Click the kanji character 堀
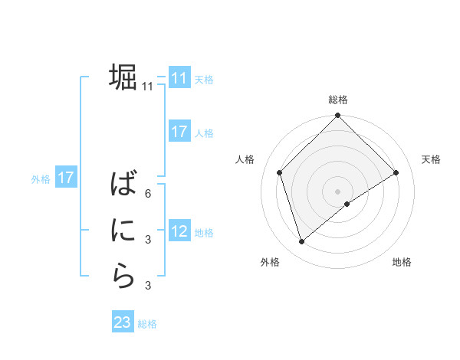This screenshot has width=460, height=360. (123, 77)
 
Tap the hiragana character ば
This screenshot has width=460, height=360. (123, 185)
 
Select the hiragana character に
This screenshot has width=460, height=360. (123, 230)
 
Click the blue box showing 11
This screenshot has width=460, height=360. (179, 78)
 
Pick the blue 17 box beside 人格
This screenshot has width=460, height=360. (179, 132)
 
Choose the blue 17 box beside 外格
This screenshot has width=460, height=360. (65, 178)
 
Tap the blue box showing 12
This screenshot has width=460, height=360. (179, 231)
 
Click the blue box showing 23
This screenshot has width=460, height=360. (123, 322)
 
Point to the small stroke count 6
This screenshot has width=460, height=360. (148, 194)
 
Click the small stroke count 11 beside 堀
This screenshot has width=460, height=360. (148, 87)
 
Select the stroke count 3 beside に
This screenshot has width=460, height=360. (148, 240)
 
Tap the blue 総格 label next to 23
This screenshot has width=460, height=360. (147, 324)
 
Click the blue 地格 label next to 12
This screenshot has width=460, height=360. (204, 232)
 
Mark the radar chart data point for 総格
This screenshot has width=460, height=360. (337, 116)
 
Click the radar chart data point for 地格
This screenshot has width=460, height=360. (347, 204)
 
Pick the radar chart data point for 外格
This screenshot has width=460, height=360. (302, 241)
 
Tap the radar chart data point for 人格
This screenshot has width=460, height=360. (280, 172)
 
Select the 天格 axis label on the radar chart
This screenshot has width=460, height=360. (431, 159)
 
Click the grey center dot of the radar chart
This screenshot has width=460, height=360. (337, 191)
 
